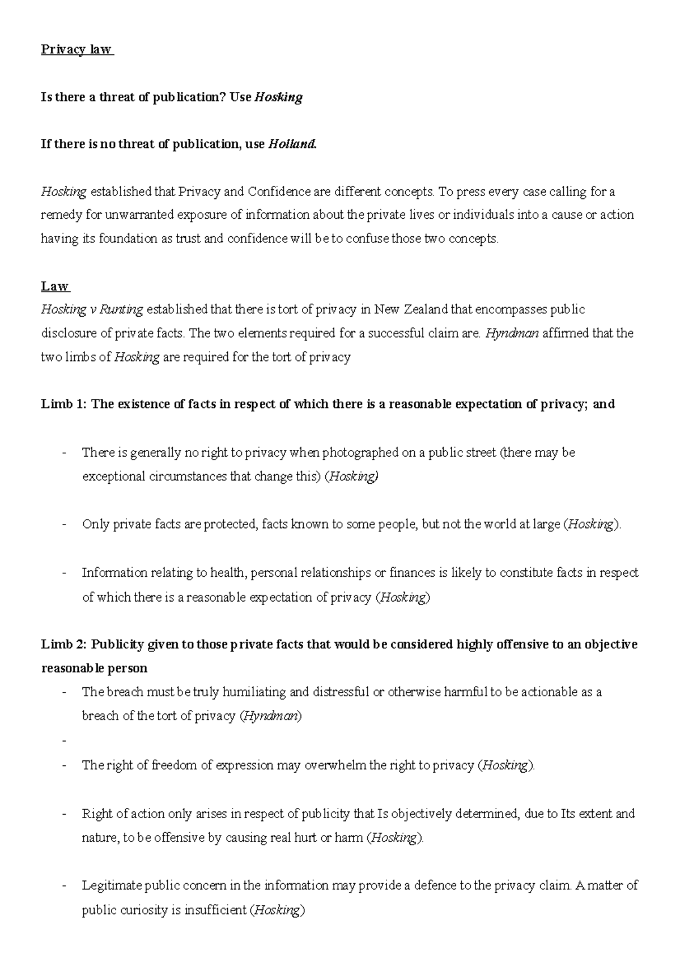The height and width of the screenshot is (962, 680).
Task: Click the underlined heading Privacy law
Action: click(76, 50)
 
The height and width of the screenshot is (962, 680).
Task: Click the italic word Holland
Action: click(292, 144)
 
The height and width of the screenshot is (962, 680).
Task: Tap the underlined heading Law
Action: click(54, 286)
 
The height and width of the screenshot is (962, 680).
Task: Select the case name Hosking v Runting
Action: click(92, 310)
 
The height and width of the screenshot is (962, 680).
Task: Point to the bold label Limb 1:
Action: click(62, 405)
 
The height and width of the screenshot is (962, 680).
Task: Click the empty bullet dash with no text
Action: click(66, 740)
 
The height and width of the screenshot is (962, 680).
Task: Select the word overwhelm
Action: click(335, 765)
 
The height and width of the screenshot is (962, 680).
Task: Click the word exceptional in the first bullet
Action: click(114, 476)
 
